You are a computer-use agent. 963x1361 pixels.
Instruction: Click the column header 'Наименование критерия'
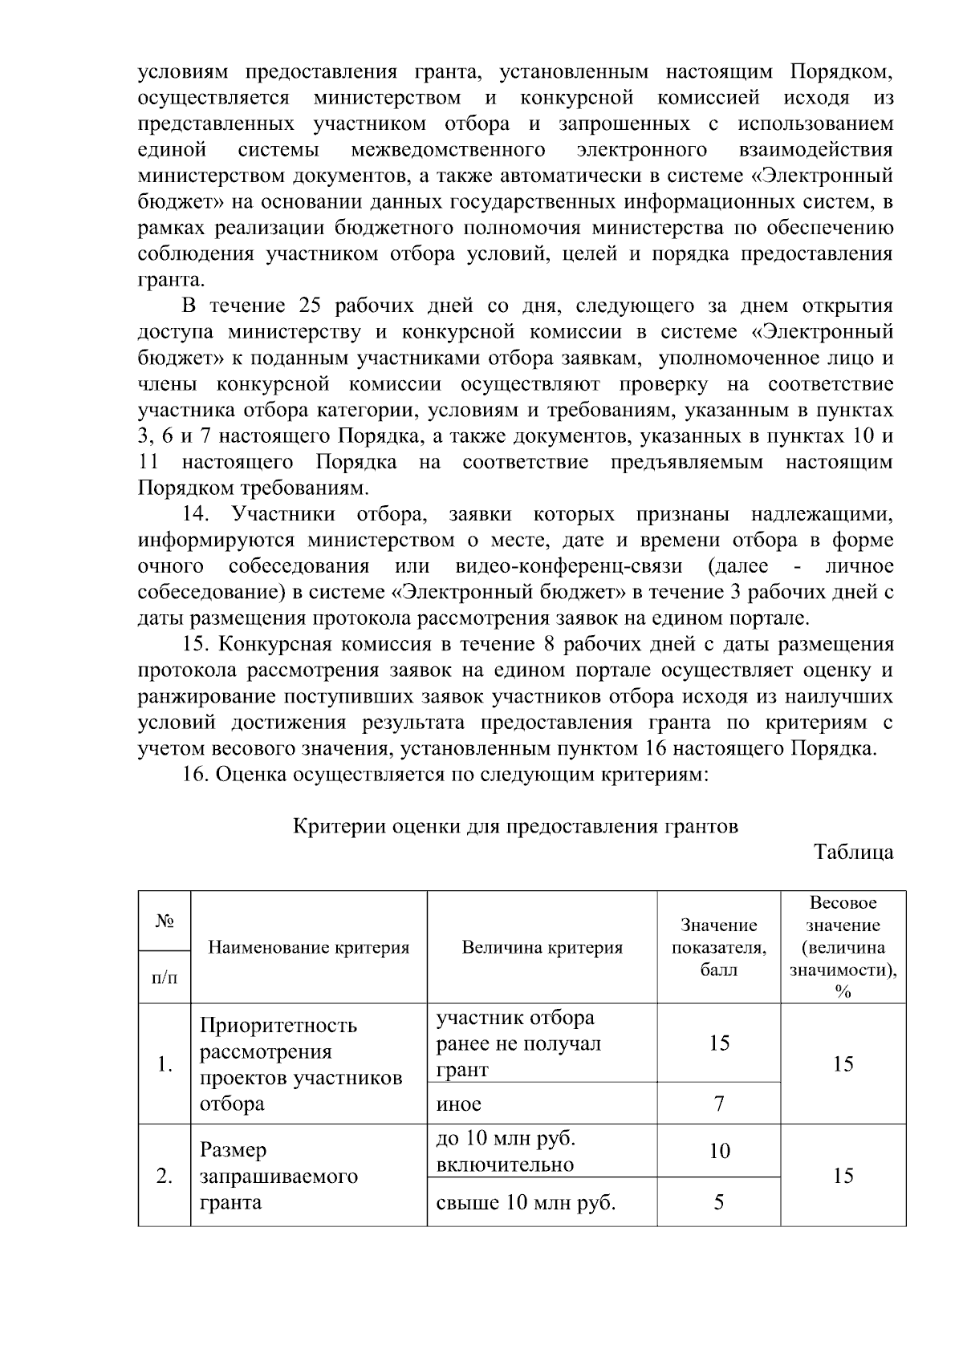tap(308, 947)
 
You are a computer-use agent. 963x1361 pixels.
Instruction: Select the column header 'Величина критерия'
tap(542, 947)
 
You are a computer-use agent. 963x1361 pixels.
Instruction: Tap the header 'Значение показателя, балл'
tap(718, 947)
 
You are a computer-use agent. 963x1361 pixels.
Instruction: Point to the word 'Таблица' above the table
tap(853, 852)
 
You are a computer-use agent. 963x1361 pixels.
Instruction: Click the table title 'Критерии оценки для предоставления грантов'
tap(515, 825)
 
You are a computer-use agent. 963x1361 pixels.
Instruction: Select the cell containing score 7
tap(718, 1104)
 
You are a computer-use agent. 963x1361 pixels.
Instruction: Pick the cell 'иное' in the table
tap(459, 1104)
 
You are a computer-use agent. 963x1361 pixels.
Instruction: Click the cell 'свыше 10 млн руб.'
tap(525, 1202)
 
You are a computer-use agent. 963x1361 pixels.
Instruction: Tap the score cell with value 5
tap(718, 1202)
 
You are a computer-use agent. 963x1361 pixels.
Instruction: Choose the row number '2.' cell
tap(165, 1177)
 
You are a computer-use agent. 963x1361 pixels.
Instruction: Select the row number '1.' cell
tap(165, 1064)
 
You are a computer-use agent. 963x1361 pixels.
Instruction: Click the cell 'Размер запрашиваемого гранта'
tap(278, 1177)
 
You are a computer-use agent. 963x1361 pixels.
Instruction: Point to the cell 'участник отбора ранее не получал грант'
tap(518, 1043)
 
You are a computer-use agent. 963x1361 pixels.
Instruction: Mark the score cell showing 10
tap(718, 1151)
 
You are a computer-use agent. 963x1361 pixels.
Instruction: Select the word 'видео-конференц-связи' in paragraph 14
tap(568, 566)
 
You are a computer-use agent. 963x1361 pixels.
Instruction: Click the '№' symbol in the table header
tap(165, 921)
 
